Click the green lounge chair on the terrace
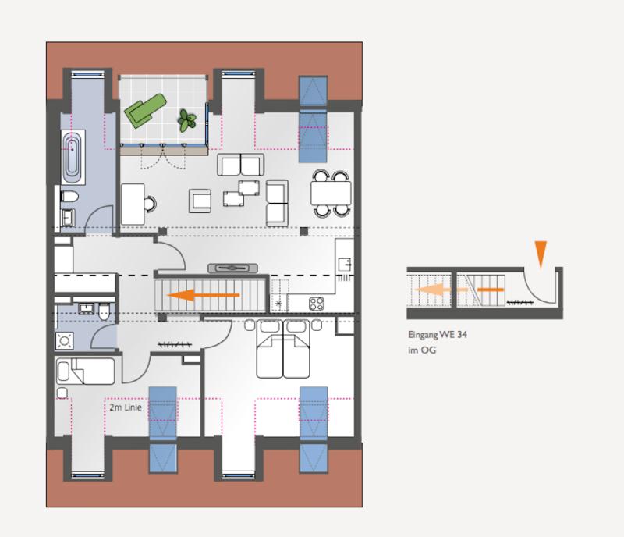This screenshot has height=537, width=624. pyautogui.click(x=144, y=110)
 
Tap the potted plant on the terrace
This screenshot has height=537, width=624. pyautogui.click(x=186, y=120)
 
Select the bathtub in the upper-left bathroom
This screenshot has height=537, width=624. pyautogui.click(x=73, y=157)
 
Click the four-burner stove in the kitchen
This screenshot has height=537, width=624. pyautogui.click(x=317, y=304)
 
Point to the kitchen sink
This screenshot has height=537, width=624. pyautogui.click(x=345, y=265)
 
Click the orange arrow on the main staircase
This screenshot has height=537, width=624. pyautogui.click(x=204, y=295)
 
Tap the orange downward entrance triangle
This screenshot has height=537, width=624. pyautogui.click(x=541, y=254)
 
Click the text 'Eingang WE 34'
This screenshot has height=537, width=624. pyautogui.click(x=438, y=335)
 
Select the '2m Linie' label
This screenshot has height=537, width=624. pyautogui.click(x=126, y=407)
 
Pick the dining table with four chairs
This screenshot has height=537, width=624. pyautogui.click(x=331, y=194)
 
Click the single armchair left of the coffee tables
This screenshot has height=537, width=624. pyautogui.click(x=200, y=201)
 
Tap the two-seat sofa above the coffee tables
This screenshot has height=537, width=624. pyautogui.click(x=240, y=165)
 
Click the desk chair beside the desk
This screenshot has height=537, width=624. pyautogui.click(x=150, y=204)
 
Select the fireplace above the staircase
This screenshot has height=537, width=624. pyautogui.click(x=232, y=268)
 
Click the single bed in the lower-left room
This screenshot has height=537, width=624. pyautogui.click(x=85, y=372)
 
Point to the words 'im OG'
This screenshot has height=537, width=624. pyautogui.click(x=422, y=350)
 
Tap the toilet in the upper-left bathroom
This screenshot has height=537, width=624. pyautogui.click(x=69, y=197)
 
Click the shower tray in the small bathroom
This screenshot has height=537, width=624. pyautogui.click(x=65, y=341)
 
